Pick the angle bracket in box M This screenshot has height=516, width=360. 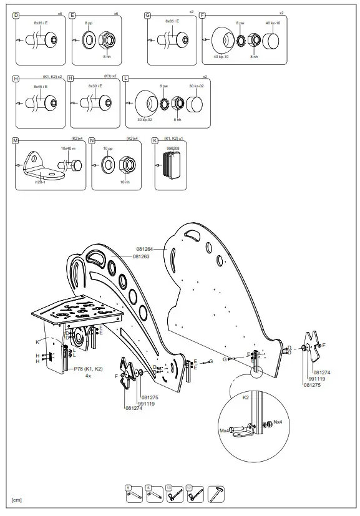point(38,165)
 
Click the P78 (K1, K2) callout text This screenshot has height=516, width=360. point(88,369)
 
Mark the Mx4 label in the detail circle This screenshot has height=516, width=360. point(224,431)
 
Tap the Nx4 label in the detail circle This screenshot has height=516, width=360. point(278,422)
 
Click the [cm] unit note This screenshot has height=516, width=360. point(16,500)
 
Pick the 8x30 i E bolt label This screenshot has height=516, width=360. point(95,86)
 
